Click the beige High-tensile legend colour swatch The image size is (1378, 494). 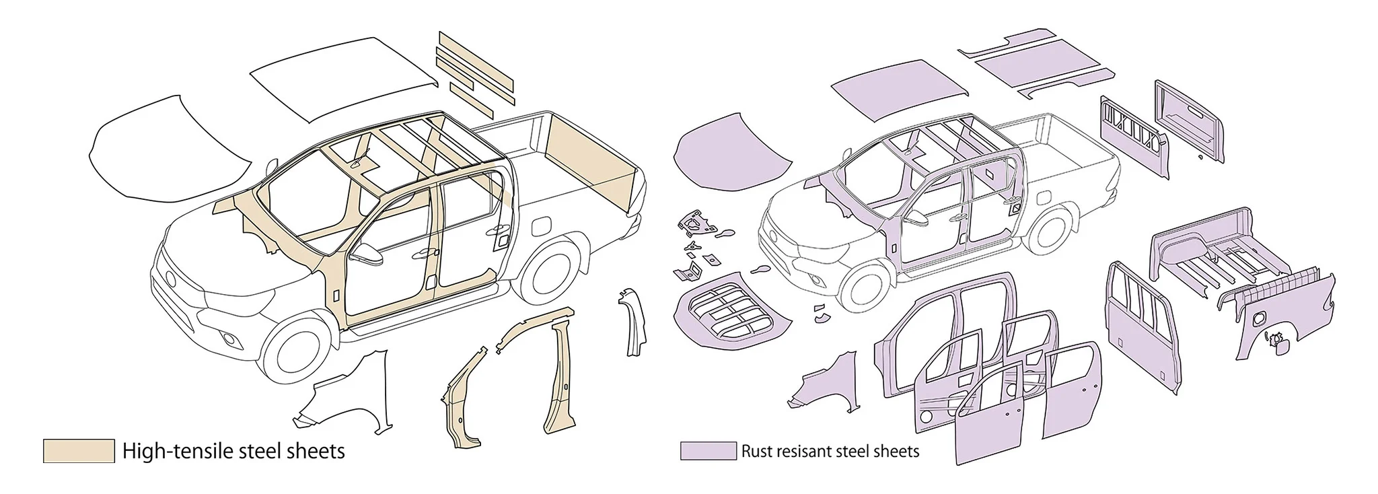[x=78, y=451]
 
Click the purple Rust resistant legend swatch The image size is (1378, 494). [x=707, y=451]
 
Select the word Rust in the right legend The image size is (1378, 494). [x=756, y=451]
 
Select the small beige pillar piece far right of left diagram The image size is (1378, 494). [x=633, y=323]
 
